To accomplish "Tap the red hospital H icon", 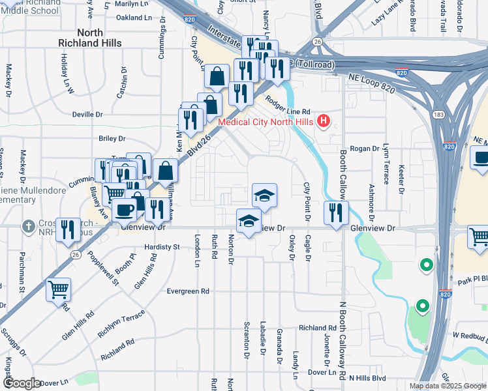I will pos(323,121).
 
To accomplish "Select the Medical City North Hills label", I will pos(265,121).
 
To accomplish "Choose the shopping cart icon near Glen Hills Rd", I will pos(58,289).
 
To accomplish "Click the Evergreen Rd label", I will pos(188,291).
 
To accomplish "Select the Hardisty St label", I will pos(162,247).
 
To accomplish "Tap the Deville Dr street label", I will pos(87,114).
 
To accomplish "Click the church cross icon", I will pos(28,227).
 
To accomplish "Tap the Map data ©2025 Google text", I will pos(447,385).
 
